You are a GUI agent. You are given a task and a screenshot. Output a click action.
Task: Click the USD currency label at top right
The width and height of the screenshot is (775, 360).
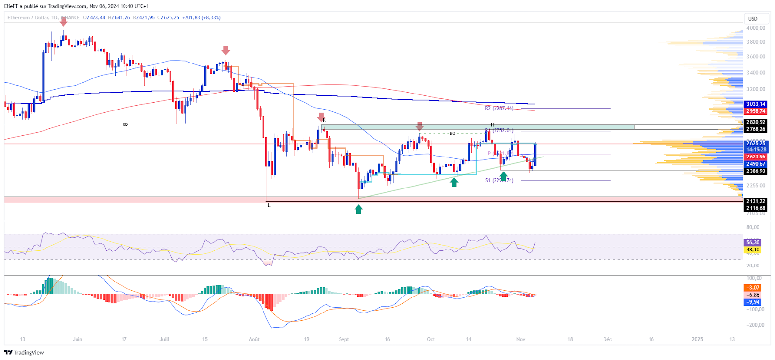tap(752, 19)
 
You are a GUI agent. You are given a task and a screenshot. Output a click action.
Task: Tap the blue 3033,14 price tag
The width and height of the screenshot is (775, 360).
tap(755, 104)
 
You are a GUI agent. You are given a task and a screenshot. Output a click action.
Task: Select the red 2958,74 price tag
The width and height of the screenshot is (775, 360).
tap(755, 111)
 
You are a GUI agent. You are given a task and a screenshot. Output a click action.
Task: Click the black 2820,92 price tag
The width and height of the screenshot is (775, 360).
tap(755, 122)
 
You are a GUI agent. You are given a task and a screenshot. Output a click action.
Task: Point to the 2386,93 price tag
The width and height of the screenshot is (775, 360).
tap(755, 171)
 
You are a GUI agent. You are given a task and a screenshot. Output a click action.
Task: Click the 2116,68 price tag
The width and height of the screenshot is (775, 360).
tap(755, 208)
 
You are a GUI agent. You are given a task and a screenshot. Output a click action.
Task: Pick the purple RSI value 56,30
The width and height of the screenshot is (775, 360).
tap(752, 242)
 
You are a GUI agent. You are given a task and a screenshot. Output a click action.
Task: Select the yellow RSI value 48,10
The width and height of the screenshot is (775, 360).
tap(752, 250)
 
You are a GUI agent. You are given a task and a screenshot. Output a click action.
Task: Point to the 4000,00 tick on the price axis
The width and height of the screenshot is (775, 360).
tap(756, 28)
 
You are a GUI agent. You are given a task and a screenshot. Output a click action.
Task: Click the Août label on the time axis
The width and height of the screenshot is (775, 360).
tap(254, 339)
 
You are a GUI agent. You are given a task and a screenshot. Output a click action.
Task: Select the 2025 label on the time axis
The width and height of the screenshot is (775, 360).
tap(697, 339)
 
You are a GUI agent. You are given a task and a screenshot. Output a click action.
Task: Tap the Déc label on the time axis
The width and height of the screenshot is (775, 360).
tap(607, 339)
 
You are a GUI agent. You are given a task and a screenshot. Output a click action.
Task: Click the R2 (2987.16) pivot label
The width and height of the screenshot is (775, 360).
tap(499, 108)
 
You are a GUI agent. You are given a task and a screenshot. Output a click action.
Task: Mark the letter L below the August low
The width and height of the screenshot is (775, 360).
tap(269, 205)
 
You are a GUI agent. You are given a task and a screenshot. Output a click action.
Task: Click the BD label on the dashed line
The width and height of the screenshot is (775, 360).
tap(125, 125)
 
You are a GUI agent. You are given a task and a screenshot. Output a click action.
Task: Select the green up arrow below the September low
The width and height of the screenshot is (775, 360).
tap(358, 209)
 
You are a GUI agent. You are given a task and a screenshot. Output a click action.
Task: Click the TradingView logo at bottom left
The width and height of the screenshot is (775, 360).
tap(24, 353)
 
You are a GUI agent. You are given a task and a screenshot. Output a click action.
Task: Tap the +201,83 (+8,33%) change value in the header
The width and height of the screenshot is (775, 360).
tap(201, 17)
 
